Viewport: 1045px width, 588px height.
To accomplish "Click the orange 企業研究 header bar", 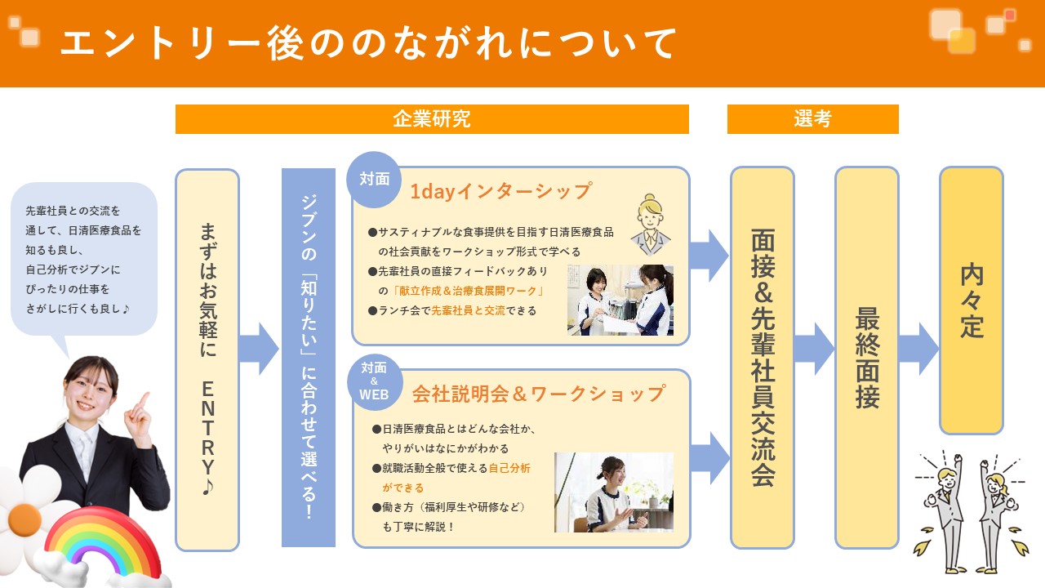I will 432,119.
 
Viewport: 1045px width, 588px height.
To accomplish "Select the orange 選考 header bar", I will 812,119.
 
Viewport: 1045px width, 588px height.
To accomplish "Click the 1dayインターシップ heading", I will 500,191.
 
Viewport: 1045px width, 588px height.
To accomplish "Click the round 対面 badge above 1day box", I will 375,180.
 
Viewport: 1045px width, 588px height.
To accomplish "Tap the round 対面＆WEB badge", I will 375,381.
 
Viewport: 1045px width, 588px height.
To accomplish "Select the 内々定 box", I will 971,301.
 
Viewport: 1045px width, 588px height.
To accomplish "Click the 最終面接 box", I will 866,358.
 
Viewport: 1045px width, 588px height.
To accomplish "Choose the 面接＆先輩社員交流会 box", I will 763,358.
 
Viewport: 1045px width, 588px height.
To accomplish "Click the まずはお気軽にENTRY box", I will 207,359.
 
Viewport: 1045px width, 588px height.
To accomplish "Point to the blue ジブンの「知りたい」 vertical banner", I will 309,358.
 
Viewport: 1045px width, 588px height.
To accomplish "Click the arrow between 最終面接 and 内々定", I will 918,349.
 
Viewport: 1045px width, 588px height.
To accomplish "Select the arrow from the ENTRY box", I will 260,349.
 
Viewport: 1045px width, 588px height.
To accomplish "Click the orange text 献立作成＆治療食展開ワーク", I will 468,291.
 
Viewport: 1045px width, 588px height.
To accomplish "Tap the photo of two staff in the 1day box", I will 620,300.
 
